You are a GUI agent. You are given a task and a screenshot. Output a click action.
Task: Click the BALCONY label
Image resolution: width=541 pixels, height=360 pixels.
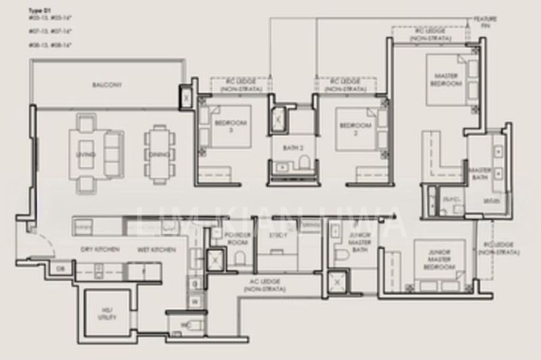point(106,85)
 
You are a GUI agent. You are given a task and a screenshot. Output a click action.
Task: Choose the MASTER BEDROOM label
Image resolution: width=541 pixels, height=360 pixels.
point(446,81)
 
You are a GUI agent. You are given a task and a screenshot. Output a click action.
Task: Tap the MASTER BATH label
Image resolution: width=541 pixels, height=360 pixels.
point(480,173)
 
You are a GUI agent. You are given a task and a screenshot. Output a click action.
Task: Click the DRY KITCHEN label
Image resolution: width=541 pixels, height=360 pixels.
point(100,250)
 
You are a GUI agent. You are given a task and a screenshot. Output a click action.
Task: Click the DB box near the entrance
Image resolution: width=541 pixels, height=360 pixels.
point(60,268)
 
